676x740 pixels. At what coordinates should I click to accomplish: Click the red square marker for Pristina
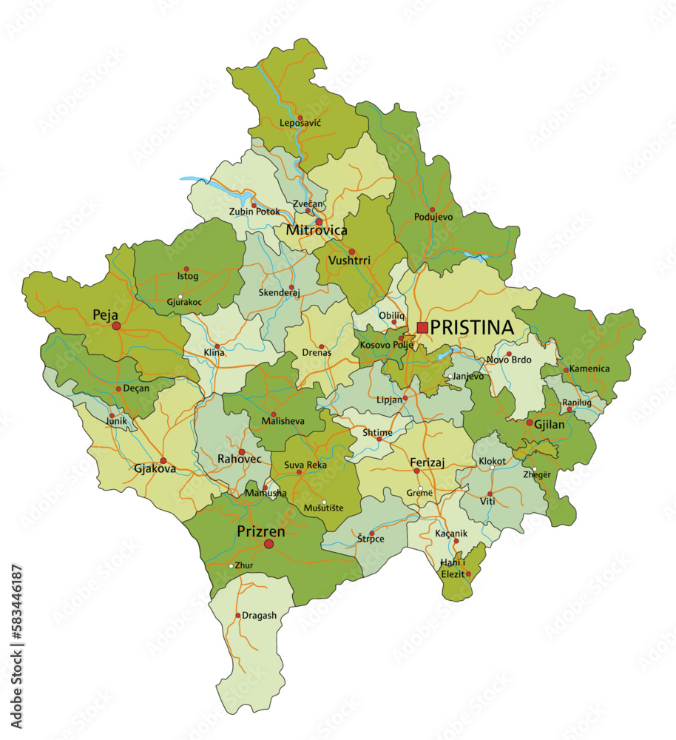422,327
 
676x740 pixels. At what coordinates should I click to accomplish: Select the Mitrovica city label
317,231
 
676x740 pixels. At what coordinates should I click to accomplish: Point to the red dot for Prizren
268,544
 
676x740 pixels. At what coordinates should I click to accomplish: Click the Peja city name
105,314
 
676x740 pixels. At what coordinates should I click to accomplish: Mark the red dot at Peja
116,326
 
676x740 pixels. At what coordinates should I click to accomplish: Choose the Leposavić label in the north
300,124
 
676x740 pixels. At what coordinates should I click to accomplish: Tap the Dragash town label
259,616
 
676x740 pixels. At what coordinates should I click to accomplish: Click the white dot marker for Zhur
231,566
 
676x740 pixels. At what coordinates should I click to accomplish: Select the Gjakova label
155,468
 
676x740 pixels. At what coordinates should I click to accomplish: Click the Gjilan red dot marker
530,423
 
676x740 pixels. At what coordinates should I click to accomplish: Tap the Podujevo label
433,218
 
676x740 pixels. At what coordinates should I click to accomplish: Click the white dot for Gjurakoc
180,297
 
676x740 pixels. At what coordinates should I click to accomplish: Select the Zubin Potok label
254,212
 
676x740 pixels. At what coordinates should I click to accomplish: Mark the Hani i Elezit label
453,568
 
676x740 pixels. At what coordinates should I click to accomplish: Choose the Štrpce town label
371,538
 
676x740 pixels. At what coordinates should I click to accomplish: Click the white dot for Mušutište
323,502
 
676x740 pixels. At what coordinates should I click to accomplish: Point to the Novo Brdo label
508,360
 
